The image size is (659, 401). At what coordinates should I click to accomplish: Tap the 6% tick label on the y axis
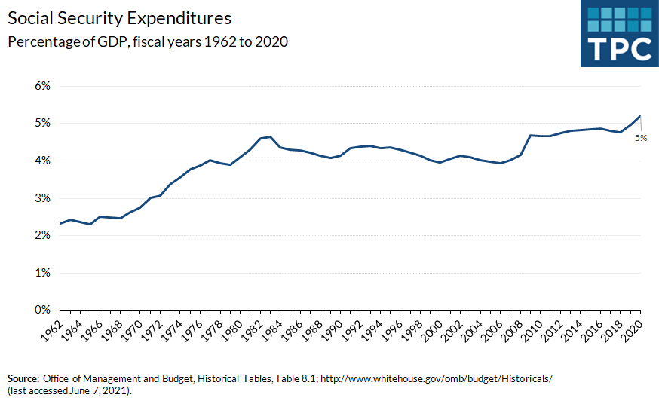coord(42,86)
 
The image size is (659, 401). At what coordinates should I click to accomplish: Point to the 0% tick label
coord(42,310)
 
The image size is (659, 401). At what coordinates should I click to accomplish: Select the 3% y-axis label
coord(42,198)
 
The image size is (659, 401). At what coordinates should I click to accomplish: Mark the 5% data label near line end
coord(640,137)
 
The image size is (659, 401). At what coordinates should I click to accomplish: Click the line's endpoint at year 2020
coord(641,116)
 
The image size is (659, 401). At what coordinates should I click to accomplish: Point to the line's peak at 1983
coord(270,137)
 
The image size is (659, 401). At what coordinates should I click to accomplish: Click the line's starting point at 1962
coord(59,223)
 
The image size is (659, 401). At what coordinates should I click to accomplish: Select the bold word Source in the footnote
coord(23,377)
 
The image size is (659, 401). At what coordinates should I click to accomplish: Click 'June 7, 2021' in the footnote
coord(105,390)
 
